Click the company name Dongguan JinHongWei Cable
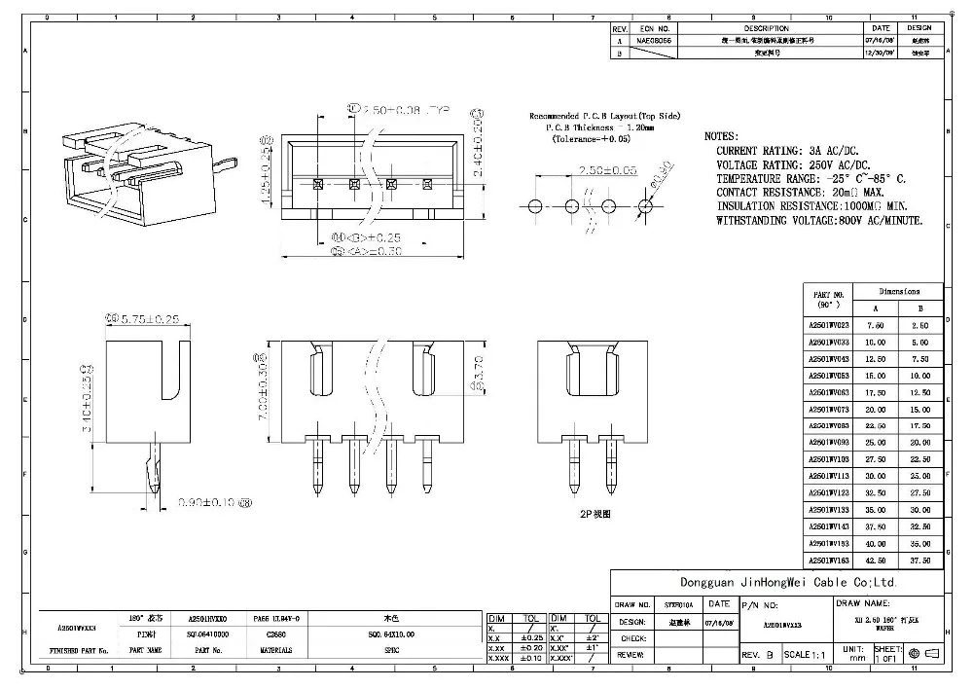pyautogui.click(x=753, y=582)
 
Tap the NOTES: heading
pyautogui.click(x=721, y=136)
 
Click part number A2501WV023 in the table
pyautogui.click(x=828, y=325)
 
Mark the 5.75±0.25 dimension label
pyautogui.click(x=147, y=318)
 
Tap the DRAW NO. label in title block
pyautogui.click(x=631, y=604)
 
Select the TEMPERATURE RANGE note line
pyautogui.click(x=811, y=179)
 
